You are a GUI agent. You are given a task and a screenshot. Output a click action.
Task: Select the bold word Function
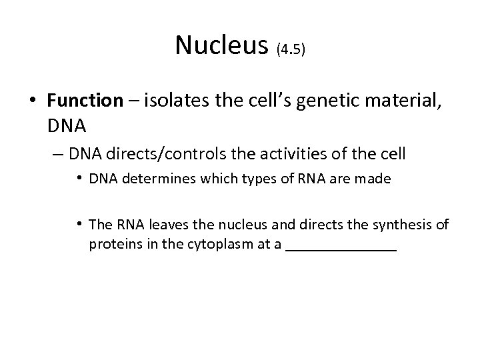(x=85, y=101)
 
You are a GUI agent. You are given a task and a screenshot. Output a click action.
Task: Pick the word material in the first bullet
(x=387, y=101)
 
